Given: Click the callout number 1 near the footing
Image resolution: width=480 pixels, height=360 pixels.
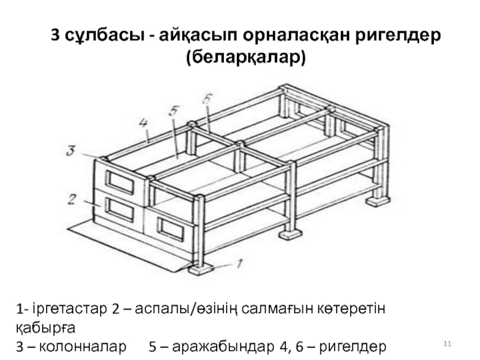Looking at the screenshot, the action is pos(239,262).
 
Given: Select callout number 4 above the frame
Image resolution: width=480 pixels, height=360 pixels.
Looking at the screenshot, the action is pos(143,124).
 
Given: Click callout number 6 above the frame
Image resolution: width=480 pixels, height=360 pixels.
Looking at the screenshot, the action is pos(206,100).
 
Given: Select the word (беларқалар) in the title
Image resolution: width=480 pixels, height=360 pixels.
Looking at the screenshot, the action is pos(246,58).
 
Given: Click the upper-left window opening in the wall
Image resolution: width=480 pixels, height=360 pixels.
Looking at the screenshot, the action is pos(121,182).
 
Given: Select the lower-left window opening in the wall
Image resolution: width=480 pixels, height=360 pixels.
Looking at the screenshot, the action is pos(120,209).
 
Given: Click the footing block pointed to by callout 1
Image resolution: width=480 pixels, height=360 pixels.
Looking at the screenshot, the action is pos(202,268).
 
